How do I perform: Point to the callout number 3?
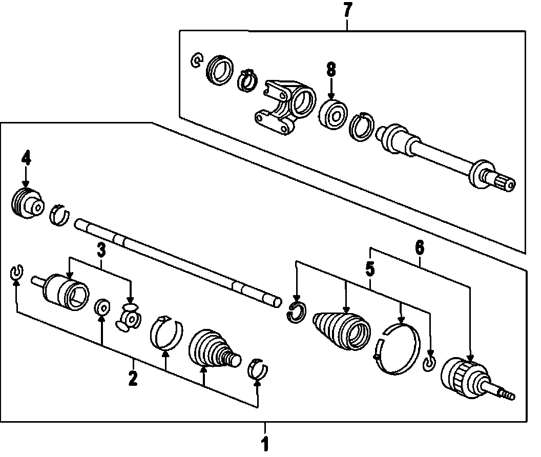pos(101,251)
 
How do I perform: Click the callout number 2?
pos(133,379)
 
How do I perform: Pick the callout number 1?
pos(265,444)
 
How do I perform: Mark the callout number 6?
pos(419,248)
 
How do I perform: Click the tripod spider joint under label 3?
pos(128,319)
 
